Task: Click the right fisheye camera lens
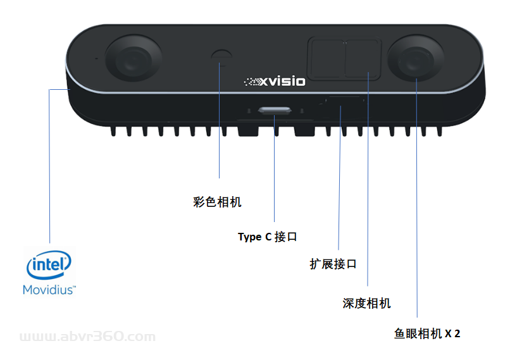(x=416, y=59)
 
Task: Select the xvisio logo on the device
(x=275, y=81)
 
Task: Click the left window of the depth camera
(x=325, y=58)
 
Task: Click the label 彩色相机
(x=217, y=202)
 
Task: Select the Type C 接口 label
(x=267, y=237)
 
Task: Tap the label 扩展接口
(x=333, y=264)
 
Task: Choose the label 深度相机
(x=366, y=304)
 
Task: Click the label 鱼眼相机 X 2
(x=426, y=333)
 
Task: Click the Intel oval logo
(x=48, y=266)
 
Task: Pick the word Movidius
(x=49, y=290)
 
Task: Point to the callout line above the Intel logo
(x=49, y=171)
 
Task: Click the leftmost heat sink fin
(x=113, y=131)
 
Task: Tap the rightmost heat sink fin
(x=438, y=131)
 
